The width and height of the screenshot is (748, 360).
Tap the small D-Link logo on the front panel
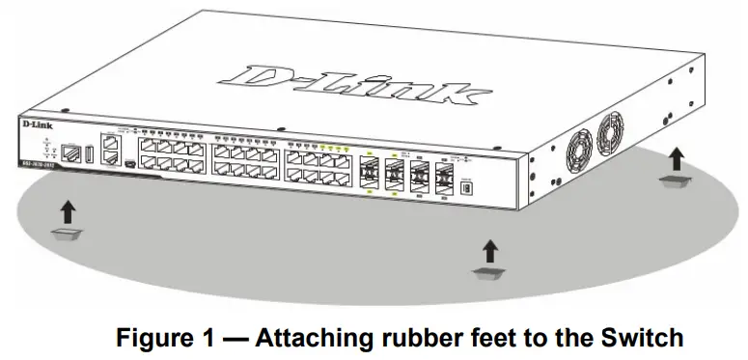point(34,125)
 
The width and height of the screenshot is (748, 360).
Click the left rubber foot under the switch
point(67,235)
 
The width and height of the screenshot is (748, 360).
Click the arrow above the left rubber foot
point(67,209)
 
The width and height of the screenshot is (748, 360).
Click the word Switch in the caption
point(646,339)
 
